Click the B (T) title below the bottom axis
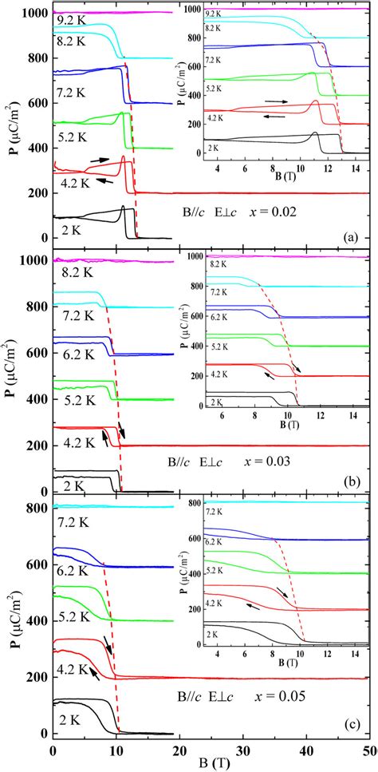point(211,763)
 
